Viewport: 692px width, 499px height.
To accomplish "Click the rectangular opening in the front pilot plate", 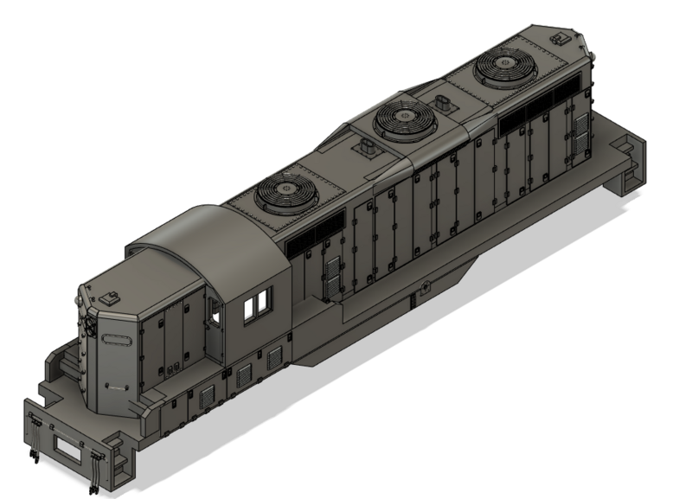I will pyautogui.click(x=67, y=447).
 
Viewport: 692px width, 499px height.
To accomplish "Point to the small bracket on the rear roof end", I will pyautogui.click(x=559, y=38).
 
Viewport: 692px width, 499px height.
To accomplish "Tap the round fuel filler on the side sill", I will pyautogui.click(x=423, y=287).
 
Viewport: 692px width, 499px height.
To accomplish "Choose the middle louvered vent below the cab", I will pyautogui.click(x=245, y=374).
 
